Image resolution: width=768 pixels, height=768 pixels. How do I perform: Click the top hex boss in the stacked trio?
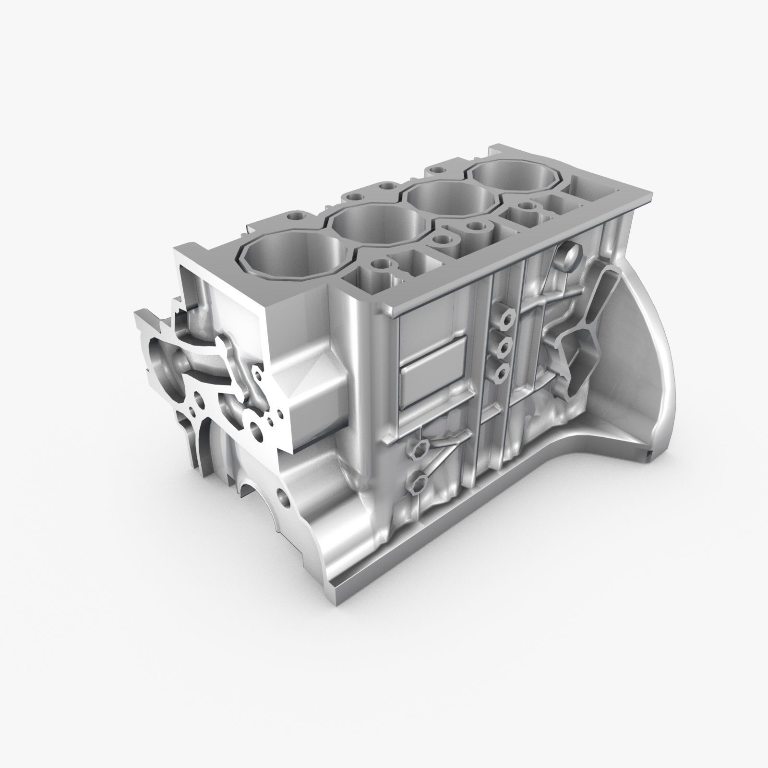tap(503, 315)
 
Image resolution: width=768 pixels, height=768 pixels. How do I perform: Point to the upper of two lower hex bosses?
tap(417, 450)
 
